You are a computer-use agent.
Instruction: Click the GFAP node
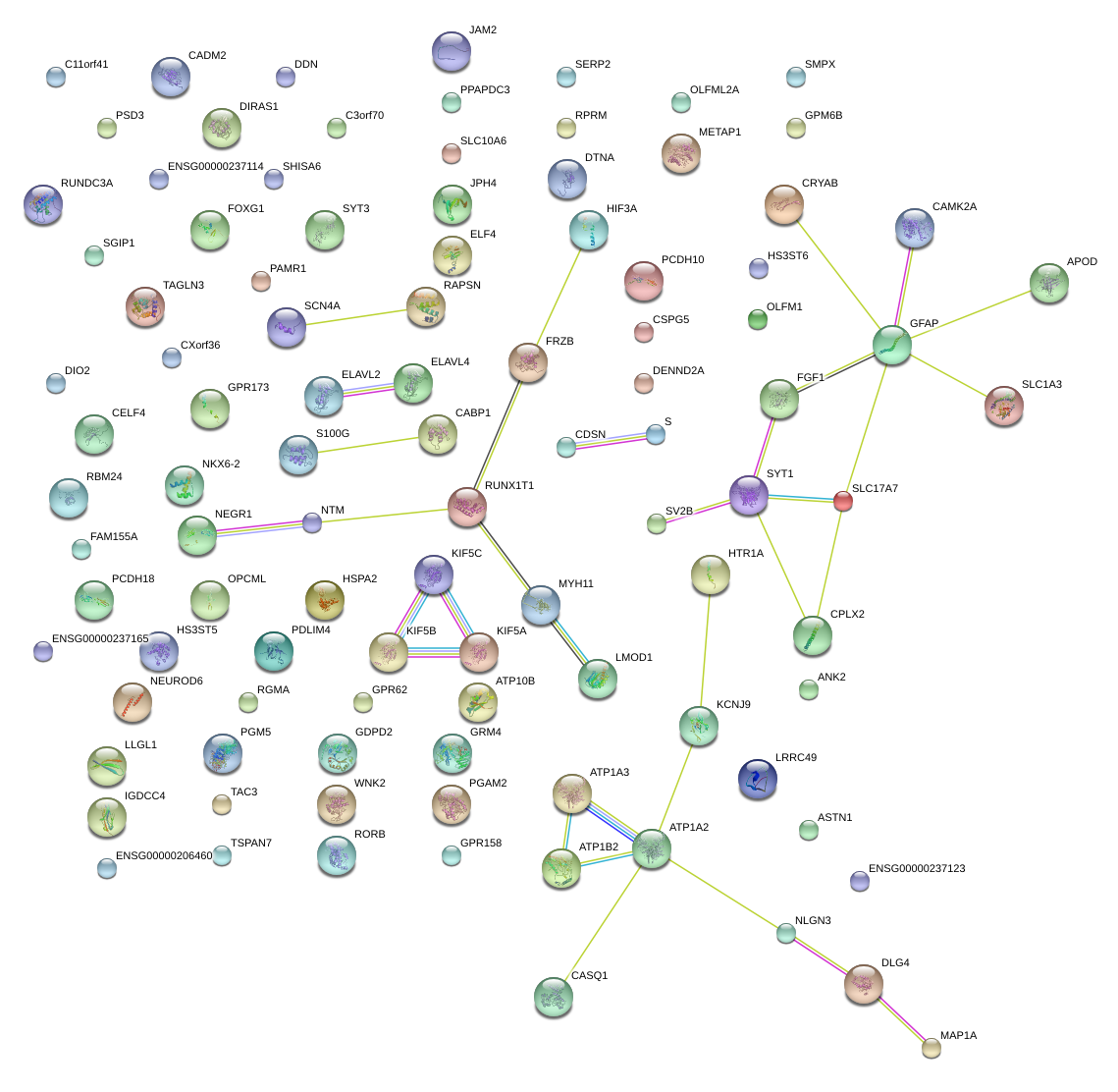891,345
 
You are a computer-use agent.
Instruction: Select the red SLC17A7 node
842,502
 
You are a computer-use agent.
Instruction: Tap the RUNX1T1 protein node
467,507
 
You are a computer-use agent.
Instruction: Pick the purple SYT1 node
749,495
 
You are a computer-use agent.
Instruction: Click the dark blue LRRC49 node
757,779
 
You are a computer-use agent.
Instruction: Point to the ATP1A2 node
651,848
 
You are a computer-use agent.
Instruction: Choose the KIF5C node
434,574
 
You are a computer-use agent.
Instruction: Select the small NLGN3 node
786,933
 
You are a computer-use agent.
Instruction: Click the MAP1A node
932,1048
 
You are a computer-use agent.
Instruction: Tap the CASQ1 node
554,997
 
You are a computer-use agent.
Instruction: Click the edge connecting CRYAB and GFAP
837,274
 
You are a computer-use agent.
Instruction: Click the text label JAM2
483,30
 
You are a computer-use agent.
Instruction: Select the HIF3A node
588,230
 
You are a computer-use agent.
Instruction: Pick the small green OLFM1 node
757,319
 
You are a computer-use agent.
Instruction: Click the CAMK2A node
915,228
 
